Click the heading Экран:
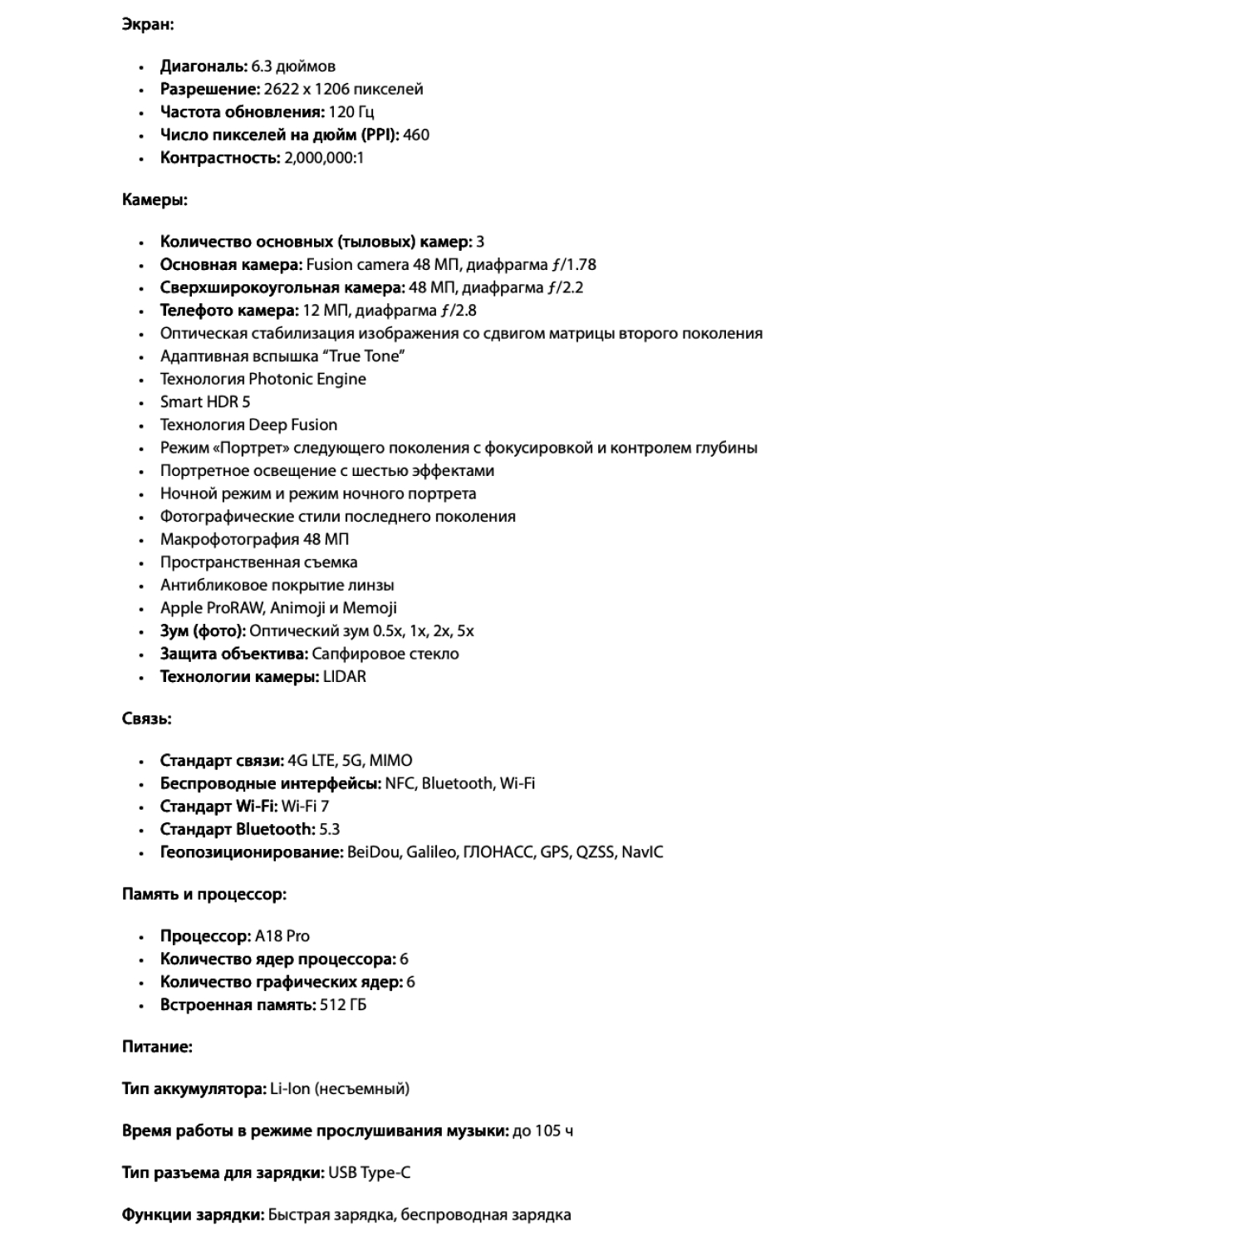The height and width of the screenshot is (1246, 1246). click(148, 24)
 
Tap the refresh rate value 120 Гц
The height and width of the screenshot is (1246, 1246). click(351, 112)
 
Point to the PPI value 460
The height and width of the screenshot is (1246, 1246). click(416, 135)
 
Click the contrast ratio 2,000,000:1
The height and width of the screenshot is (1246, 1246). click(324, 158)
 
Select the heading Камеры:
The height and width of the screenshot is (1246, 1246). click(155, 199)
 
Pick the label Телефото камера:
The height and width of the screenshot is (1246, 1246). click(229, 311)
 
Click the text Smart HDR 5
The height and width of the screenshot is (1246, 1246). click(205, 402)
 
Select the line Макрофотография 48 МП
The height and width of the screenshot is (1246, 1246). click(254, 539)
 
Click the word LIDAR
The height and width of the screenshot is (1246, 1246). click(345, 676)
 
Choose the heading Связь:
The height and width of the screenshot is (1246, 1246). click(147, 719)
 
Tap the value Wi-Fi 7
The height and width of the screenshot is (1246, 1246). click(305, 806)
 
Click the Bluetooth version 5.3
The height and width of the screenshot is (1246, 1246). click(330, 829)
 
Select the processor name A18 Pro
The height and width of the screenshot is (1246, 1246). click(282, 936)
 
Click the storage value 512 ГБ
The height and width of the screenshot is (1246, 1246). click(343, 1005)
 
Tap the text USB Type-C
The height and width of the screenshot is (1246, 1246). click(370, 1173)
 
